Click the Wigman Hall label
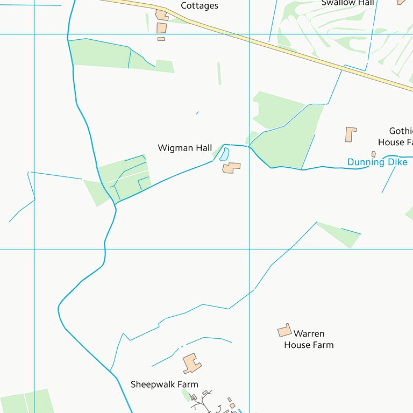(184, 148)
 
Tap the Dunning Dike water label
(377, 162)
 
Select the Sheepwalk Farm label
(165, 384)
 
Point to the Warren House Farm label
(309, 339)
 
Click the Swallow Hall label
(347, 3)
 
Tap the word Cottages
(200, 6)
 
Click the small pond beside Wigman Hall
(224, 154)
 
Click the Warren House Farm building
(284, 330)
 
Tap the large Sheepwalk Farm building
(191, 364)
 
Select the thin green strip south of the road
(219, 73)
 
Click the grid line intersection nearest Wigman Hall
(250, 249)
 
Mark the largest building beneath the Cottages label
(161, 27)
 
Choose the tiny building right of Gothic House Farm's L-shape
(373, 154)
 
